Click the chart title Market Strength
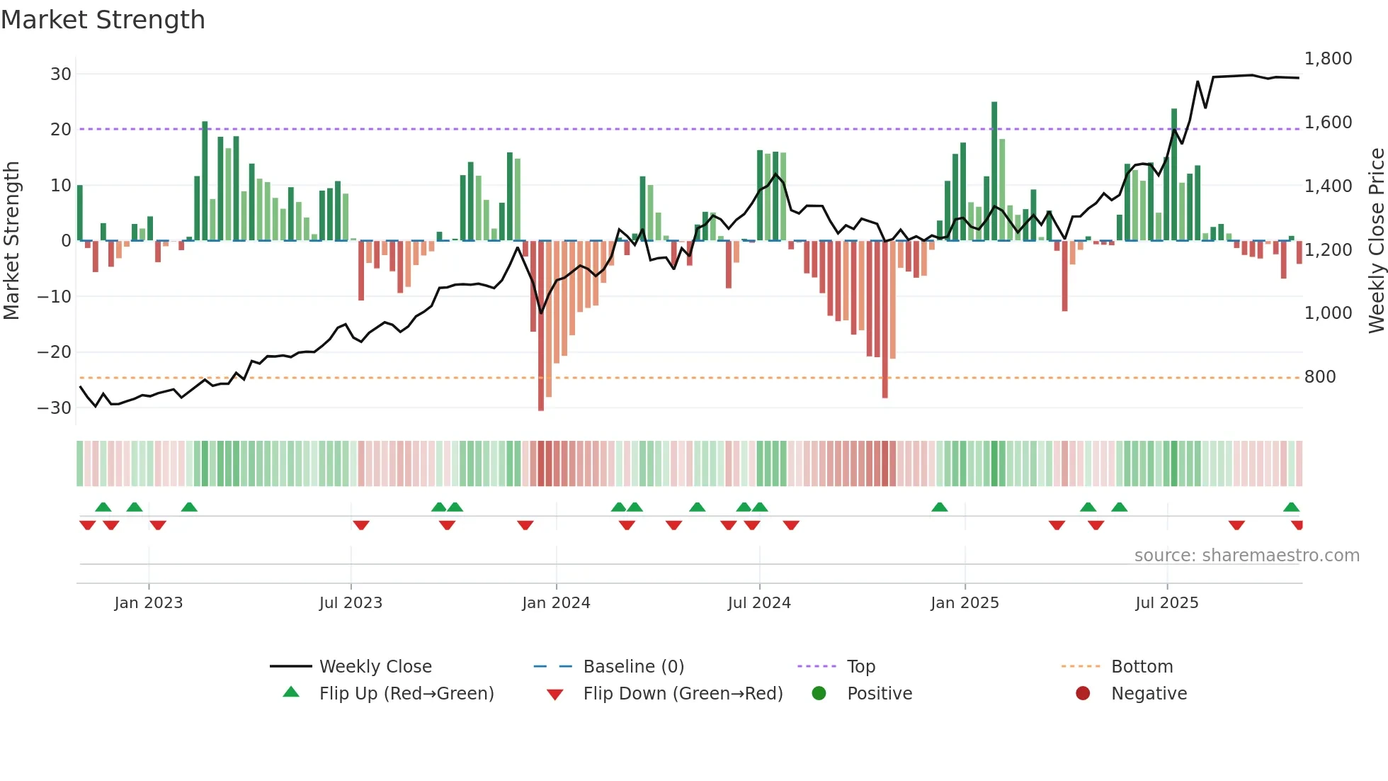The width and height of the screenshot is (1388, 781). click(103, 20)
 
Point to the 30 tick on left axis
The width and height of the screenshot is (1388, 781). click(61, 74)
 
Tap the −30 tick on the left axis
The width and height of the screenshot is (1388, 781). click(55, 408)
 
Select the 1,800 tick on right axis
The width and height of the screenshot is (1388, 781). click(1328, 59)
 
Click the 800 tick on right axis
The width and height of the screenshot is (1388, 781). click(1320, 377)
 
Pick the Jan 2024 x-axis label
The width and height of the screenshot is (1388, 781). click(556, 603)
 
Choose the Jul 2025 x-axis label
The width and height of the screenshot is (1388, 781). click(1166, 603)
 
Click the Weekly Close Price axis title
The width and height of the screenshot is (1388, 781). click(1376, 241)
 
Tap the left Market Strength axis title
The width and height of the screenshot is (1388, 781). click(12, 241)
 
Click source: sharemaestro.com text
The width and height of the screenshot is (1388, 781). click(1246, 556)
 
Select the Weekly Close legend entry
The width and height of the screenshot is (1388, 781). click(375, 667)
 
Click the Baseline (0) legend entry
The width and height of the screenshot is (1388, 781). click(633, 667)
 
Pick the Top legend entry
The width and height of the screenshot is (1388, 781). click(860, 667)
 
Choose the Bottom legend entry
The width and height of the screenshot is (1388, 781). click(1142, 667)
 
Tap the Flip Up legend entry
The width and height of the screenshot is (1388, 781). click(406, 694)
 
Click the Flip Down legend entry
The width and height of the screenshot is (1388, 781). click(682, 694)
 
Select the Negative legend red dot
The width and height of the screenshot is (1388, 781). click(1083, 694)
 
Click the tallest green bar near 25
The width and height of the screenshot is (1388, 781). click(994, 170)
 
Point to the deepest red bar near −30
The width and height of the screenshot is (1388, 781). click(541, 326)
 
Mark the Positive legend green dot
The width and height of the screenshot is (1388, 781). click(819, 694)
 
